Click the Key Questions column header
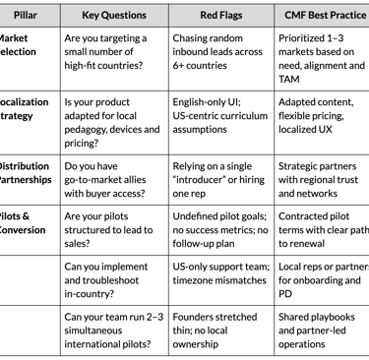(114, 15)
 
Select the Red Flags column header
(220, 15)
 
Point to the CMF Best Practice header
(323, 15)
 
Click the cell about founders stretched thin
(220, 330)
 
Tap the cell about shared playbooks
(323, 330)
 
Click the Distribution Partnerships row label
(26, 173)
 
